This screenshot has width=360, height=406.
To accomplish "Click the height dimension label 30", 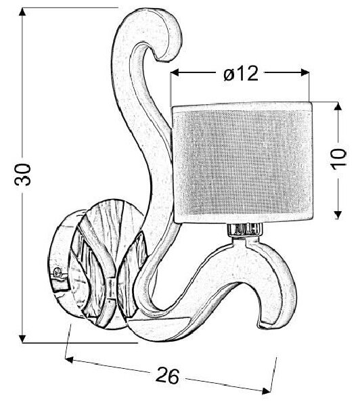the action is point(23,175).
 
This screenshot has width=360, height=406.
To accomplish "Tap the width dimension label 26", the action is point(167,376).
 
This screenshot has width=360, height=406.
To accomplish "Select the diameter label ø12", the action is point(241,73).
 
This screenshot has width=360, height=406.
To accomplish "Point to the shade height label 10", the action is point(339,160).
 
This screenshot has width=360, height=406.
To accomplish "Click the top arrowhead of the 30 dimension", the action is point(23,12).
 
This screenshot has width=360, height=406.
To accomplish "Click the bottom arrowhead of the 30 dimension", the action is point(23,338).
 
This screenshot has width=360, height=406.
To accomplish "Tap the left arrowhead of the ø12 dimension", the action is point(175,73).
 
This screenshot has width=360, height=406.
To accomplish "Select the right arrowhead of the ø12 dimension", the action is point(305,73).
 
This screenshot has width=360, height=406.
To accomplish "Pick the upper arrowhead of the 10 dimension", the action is point(337,106).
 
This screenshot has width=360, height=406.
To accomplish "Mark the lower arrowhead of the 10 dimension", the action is point(337,215).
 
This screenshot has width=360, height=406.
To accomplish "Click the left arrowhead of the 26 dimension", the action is point(69,359).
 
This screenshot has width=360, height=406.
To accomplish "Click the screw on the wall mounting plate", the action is point(58,272).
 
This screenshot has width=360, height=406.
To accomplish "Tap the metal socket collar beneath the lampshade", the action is point(245,229).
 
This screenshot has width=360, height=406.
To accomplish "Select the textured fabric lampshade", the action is point(243,162).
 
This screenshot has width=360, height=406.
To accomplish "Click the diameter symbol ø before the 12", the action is point(229,74).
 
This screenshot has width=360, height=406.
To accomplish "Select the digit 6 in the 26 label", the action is point(173,376).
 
